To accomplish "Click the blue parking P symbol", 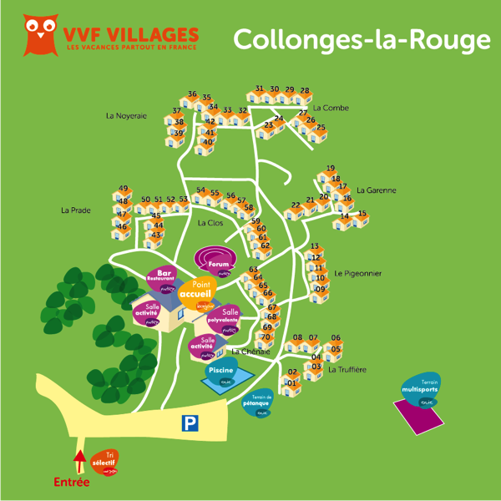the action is (x=191, y=424).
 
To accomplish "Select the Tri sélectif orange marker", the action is (x=104, y=461).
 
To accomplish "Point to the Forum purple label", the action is (x=218, y=263).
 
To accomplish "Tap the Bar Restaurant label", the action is (x=164, y=276).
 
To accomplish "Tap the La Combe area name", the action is (x=331, y=108).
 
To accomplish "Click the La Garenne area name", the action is (x=376, y=190).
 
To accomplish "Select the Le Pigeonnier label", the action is (x=358, y=273).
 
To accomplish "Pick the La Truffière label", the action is (x=347, y=369).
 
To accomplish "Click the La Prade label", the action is (x=75, y=210).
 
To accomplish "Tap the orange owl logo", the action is (x=38, y=34).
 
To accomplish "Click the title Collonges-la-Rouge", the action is (x=361, y=38).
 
